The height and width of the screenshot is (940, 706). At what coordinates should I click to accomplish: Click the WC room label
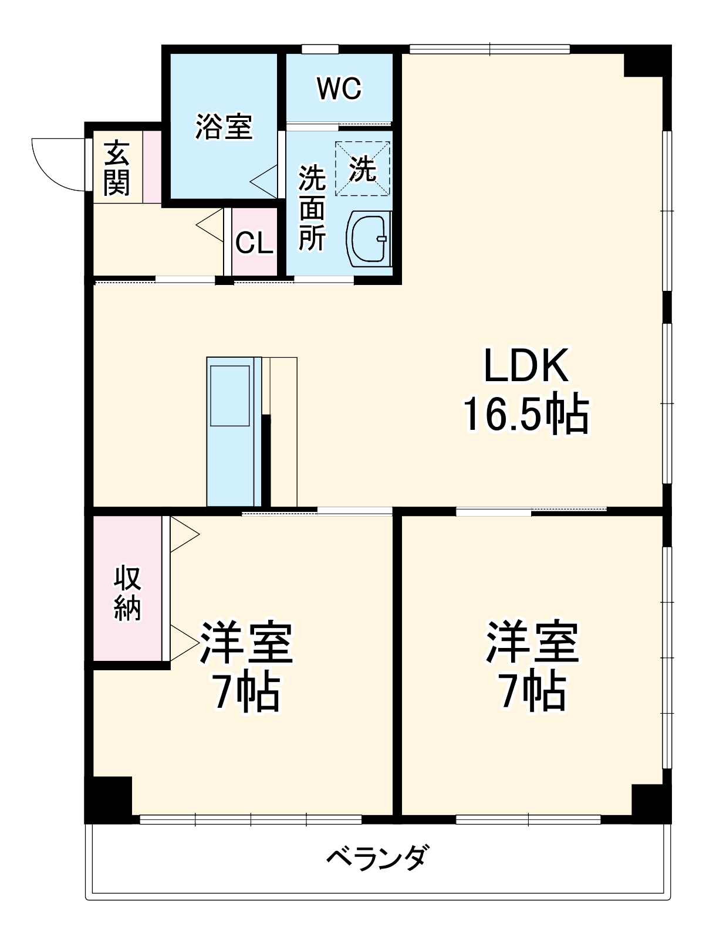(x=339, y=89)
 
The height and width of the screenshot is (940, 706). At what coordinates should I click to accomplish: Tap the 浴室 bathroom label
(x=224, y=126)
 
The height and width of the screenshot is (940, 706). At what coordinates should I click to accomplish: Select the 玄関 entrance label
(x=117, y=168)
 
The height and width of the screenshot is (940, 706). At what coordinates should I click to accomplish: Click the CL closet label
(x=254, y=243)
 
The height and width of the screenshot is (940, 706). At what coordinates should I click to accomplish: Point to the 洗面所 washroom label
(x=312, y=208)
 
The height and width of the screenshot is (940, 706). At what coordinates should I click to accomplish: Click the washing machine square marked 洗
(x=362, y=169)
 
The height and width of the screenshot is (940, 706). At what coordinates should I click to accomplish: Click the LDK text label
(x=526, y=366)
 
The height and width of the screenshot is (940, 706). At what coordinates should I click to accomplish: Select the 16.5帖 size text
(x=526, y=415)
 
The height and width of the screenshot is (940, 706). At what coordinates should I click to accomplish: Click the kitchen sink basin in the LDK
(x=230, y=396)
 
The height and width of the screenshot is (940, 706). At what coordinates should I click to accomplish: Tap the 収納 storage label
(x=127, y=593)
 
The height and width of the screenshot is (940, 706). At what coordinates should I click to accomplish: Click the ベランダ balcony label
(x=378, y=858)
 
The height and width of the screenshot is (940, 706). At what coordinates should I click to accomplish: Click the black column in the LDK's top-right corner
(x=646, y=62)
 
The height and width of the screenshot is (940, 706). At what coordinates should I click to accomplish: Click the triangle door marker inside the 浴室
(x=265, y=182)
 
